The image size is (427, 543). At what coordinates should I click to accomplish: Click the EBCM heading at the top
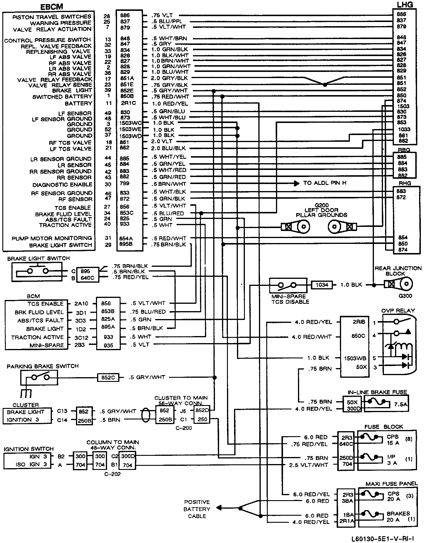52,6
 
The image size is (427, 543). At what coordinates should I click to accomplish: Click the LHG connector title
405,4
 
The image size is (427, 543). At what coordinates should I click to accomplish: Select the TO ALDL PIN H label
325,183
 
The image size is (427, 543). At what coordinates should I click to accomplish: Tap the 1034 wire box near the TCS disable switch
322,284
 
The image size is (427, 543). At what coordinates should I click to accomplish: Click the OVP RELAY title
398,311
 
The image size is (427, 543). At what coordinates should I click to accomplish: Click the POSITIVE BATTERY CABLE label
197,509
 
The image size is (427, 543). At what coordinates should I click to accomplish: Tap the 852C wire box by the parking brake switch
108,377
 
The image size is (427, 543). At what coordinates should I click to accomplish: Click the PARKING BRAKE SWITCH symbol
39,377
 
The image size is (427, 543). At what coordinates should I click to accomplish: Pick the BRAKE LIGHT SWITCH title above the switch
38,259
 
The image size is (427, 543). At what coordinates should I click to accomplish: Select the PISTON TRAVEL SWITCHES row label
52,17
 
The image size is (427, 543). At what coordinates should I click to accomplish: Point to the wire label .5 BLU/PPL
167,21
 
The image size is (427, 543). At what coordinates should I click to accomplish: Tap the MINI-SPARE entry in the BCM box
47,345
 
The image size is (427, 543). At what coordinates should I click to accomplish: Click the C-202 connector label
113,474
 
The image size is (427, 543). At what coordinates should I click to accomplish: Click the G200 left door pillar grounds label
321,210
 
